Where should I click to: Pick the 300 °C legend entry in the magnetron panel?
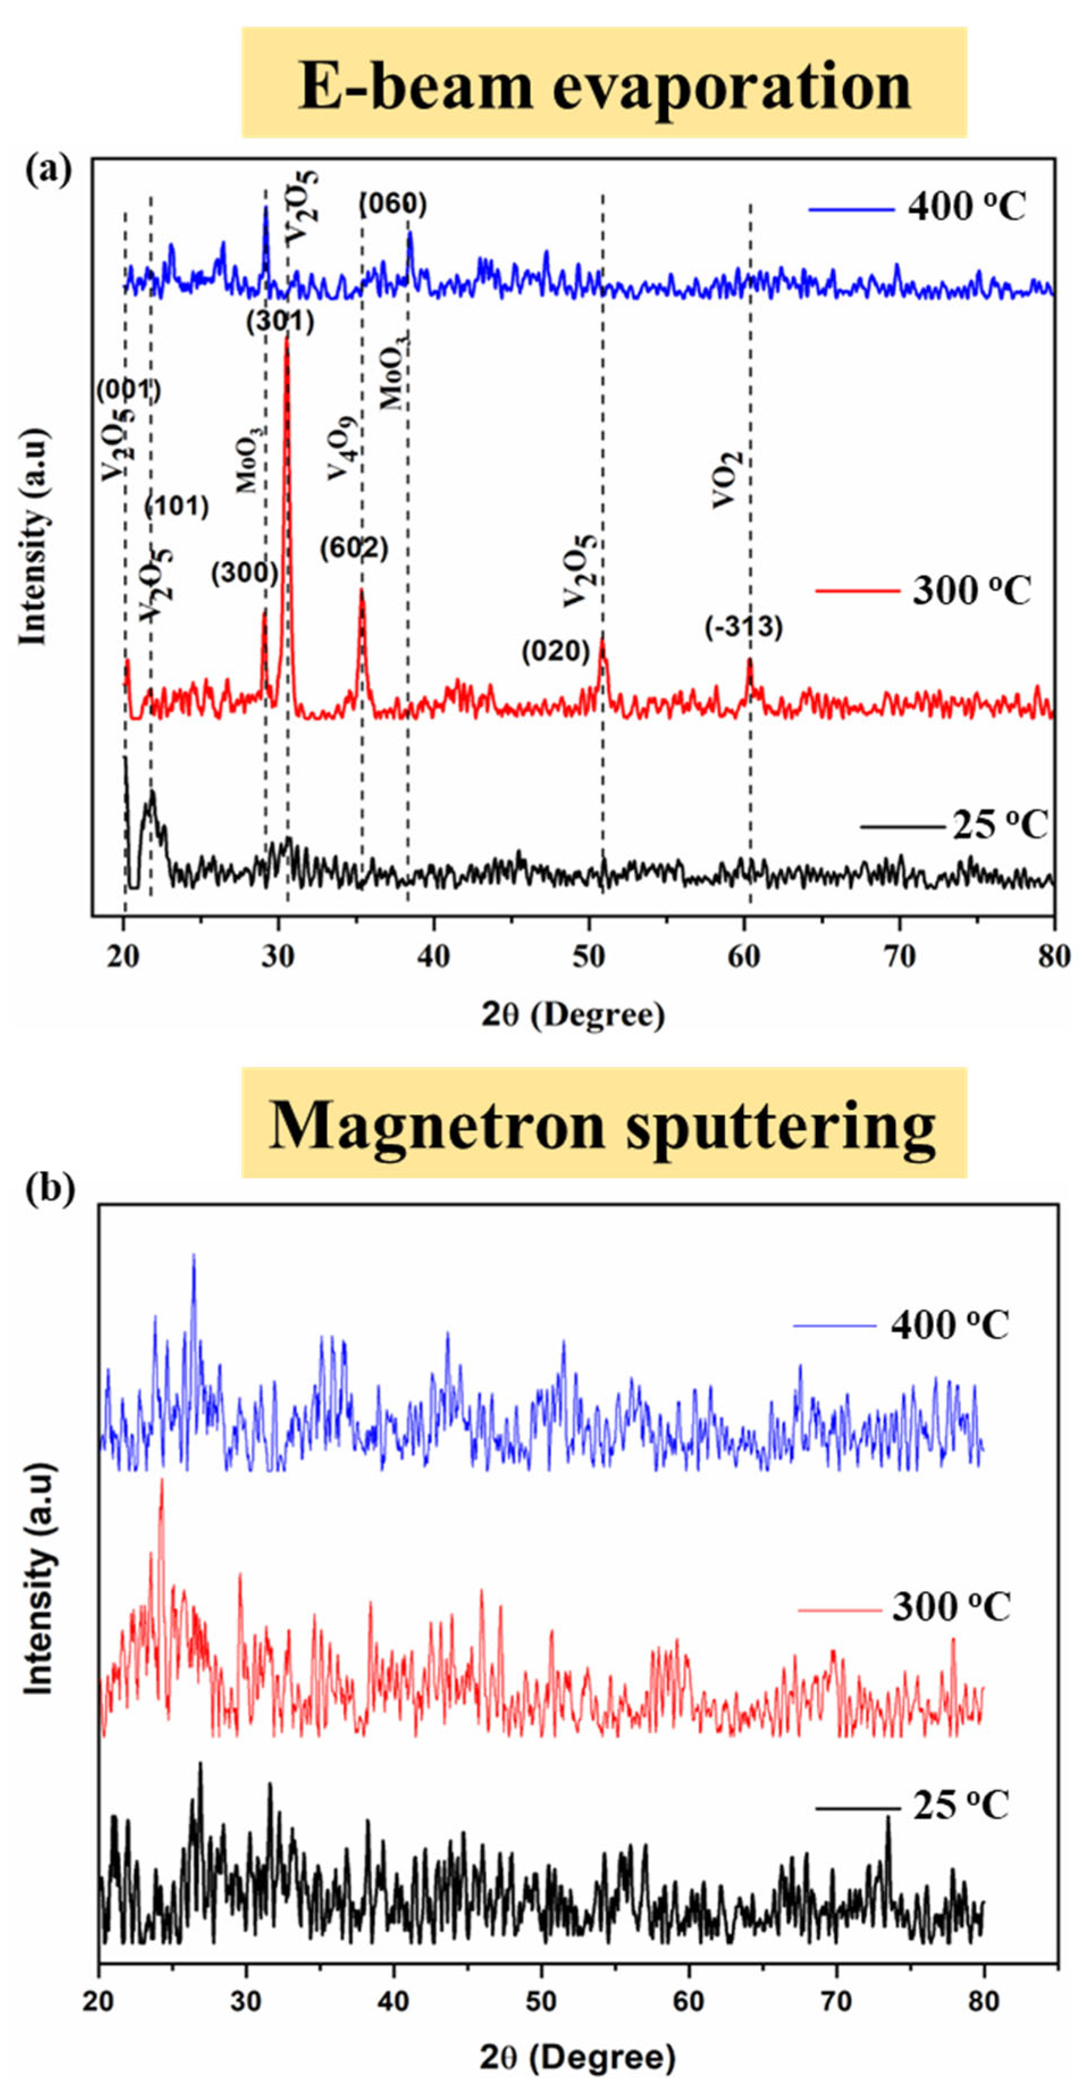click(905, 1607)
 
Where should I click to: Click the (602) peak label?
click(353, 549)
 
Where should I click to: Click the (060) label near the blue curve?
click(393, 205)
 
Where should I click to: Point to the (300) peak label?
click(245, 574)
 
